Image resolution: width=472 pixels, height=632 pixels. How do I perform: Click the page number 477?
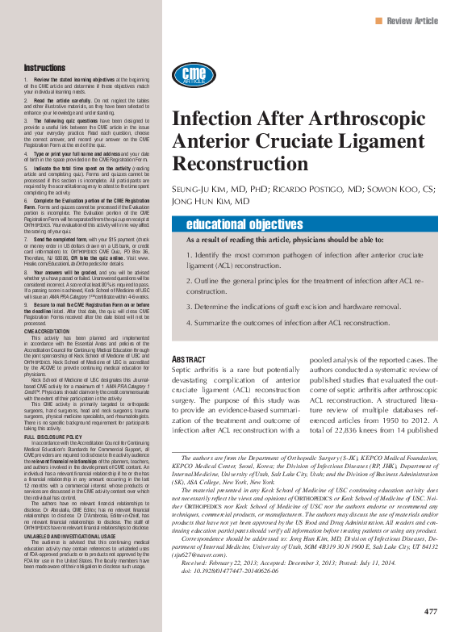(431, 609)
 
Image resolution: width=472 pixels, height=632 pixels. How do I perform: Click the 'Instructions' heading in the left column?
(44, 68)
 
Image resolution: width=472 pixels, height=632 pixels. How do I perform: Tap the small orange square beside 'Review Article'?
(380, 21)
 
